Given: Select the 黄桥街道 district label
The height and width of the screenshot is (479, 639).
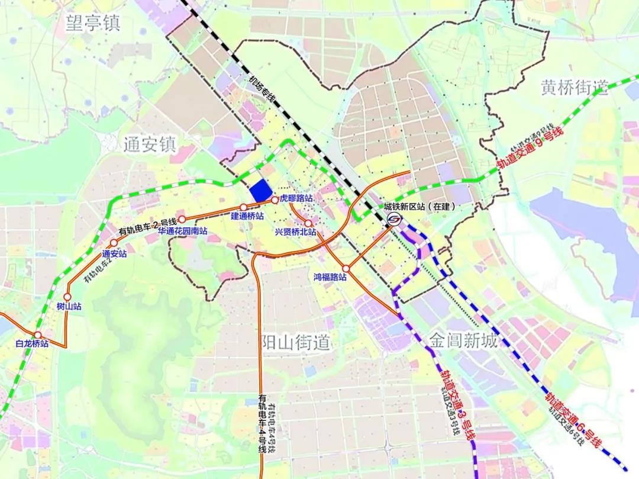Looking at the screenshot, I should [574, 88].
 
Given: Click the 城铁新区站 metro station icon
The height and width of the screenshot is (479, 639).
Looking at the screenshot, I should [394, 220].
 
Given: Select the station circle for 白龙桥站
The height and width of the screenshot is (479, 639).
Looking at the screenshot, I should [37, 335].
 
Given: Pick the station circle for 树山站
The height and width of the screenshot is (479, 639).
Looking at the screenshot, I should [67, 297].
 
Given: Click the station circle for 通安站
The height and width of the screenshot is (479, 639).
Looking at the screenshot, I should [114, 244].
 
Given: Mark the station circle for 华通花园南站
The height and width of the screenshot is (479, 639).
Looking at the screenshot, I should [182, 219].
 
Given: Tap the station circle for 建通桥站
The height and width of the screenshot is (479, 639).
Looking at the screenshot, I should [243, 207].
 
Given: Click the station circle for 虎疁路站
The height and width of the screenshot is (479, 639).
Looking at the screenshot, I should [275, 200].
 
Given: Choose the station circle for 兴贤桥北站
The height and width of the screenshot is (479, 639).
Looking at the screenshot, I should [308, 223].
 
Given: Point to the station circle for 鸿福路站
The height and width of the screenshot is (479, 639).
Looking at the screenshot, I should [346, 268].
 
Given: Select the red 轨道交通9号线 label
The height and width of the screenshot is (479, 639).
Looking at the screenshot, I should [530, 147].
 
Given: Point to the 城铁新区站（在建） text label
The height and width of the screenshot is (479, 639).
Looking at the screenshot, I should [421, 207].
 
